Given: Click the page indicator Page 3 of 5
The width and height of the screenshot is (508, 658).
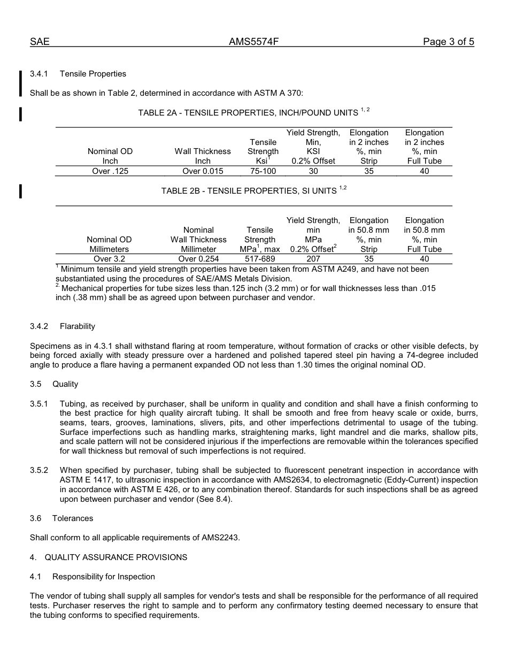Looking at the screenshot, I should (448, 42).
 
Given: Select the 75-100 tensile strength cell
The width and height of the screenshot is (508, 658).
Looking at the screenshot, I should (263, 171).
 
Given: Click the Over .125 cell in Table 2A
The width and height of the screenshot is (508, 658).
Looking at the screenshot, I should (110, 171).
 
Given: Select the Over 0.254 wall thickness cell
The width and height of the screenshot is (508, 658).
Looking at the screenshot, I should (198, 259).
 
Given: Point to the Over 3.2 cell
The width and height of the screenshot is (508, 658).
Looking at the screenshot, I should (109, 259).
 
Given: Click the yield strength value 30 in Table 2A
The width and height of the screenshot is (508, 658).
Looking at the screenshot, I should (313, 171).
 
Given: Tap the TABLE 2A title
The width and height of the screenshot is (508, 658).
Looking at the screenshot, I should (248, 113).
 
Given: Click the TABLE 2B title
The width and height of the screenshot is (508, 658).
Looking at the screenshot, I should (249, 191).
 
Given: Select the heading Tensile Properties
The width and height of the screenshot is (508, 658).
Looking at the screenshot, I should (93, 74).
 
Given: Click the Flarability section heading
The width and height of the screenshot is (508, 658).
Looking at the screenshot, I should (78, 326).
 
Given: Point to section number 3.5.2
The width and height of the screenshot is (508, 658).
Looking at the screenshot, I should (39, 470).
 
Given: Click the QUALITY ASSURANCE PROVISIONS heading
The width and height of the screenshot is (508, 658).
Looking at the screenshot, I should (116, 557).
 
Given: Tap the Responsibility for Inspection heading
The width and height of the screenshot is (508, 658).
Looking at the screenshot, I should (104, 577).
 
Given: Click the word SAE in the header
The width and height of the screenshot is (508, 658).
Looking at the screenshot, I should (40, 42).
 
